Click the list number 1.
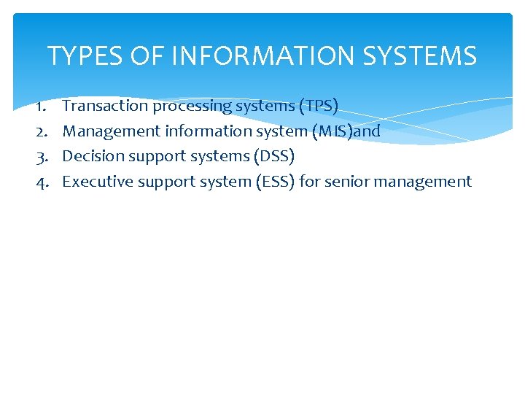click(x=42, y=107)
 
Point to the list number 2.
click(x=42, y=132)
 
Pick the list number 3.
click(x=42, y=157)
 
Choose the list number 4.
click(x=42, y=182)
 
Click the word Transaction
click(x=105, y=106)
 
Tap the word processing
click(x=191, y=107)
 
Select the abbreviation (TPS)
click(x=319, y=107)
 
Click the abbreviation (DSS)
click(x=273, y=157)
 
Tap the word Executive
click(x=93, y=181)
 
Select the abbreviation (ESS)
click(x=275, y=182)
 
